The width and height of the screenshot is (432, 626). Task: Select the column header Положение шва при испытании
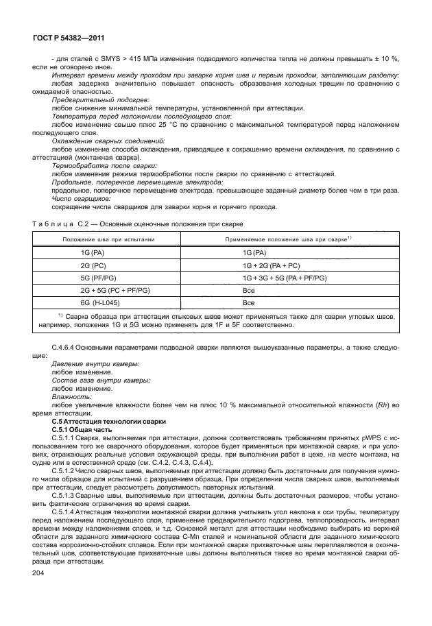(x=109, y=239)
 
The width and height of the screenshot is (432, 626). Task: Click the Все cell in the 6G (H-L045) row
(x=248, y=302)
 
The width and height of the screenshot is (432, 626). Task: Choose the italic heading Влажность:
(x=69, y=397)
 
